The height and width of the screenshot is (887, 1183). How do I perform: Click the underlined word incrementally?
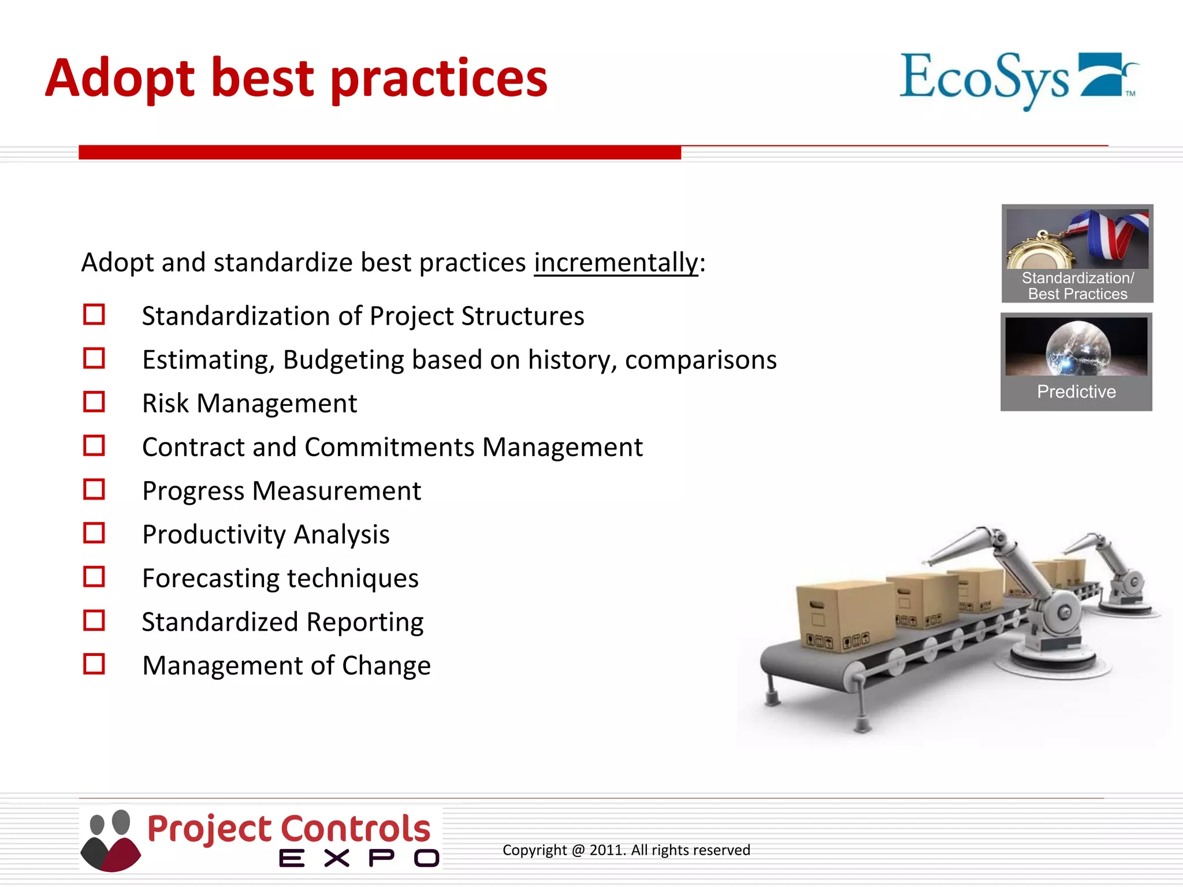616,263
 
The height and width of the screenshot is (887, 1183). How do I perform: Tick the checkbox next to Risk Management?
94,402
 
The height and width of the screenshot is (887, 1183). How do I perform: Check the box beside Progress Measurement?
94,490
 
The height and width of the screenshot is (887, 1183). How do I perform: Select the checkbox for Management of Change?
94,664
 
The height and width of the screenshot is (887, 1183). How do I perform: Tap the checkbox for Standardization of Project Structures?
94,315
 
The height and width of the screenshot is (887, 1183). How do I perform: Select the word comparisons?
701,360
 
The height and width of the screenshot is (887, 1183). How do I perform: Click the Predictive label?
1076,392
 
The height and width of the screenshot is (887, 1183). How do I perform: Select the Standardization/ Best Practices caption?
1077,286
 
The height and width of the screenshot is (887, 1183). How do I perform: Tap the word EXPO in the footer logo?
359,858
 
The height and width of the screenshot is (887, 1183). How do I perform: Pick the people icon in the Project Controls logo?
110,840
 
